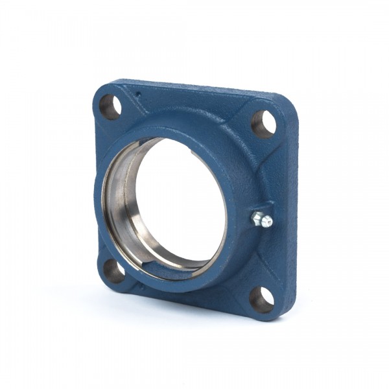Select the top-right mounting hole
pos(263,124)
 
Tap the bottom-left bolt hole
pos(114,271)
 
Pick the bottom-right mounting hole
pos(261,300)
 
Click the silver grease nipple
pos(262,219)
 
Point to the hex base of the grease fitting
pos(257,217)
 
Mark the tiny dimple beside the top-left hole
pos(138,95)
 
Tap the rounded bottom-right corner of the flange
pos(285,311)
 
